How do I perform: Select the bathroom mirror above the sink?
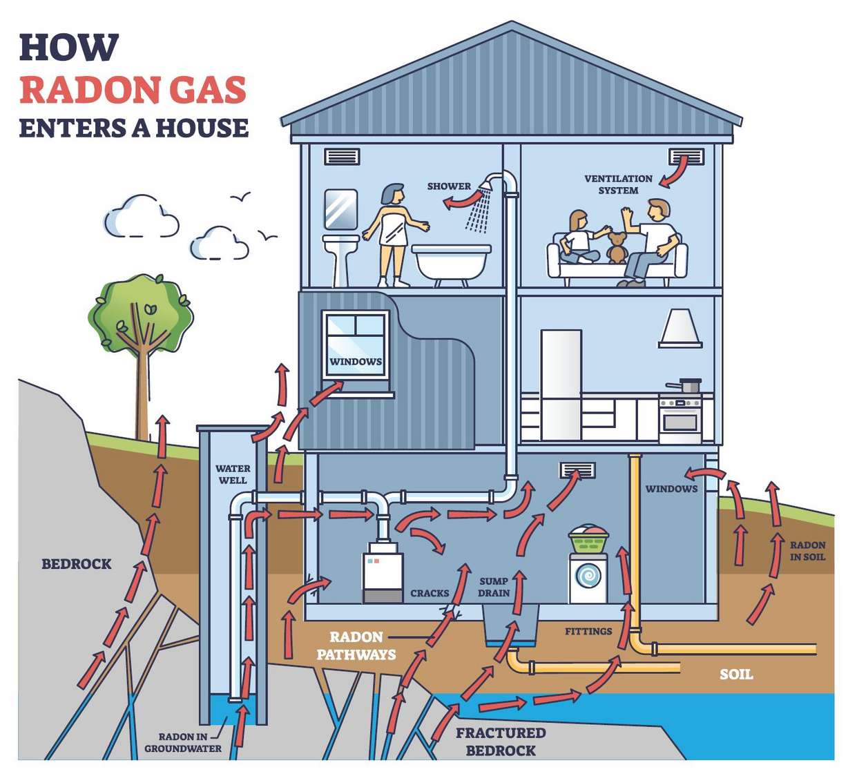pyautogui.click(x=341, y=209)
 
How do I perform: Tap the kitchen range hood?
pyautogui.click(x=680, y=328)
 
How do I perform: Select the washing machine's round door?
pyautogui.click(x=588, y=575)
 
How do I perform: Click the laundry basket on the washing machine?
pyautogui.click(x=588, y=539)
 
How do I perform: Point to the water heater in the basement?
pyautogui.click(x=383, y=573)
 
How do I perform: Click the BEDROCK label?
pyautogui.click(x=77, y=564)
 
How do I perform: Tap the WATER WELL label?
pyautogui.click(x=233, y=474)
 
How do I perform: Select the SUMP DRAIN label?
pyautogui.click(x=494, y=587)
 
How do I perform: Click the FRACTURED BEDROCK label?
pyautogui.click(x=500, y=741)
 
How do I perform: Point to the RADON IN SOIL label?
pyautogui.click(x=807, y=551)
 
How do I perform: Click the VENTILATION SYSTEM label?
pyautogui.click(x=618, y=184)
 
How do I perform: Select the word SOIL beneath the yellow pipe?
pyautogui.click(x=736, y=674)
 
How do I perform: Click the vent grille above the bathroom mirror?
pyautogui.click(x=342, y=157)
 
